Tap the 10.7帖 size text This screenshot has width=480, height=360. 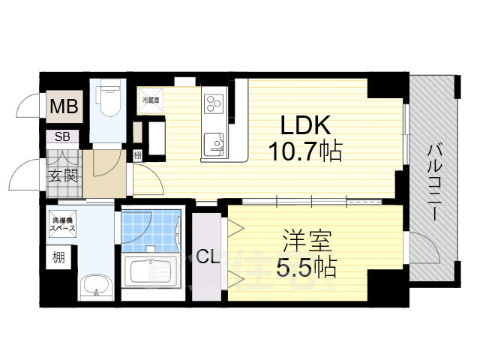click(x=306, y=152)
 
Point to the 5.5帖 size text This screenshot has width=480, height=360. click(x=305, y=266)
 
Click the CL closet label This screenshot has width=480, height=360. click(x=207, y=257)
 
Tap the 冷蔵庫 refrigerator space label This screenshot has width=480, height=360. click(x=151, y=98)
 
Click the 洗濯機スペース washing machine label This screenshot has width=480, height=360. click(x=62, y=225)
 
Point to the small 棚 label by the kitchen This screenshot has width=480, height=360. click(x=137, y=156)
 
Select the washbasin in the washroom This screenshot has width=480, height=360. click(x=94, y=286)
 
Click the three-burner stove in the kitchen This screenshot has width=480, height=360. click(x=213, y=102)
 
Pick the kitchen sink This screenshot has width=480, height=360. click(x=213, y=142)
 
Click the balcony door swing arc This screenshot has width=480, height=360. click(x=420, y=247)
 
